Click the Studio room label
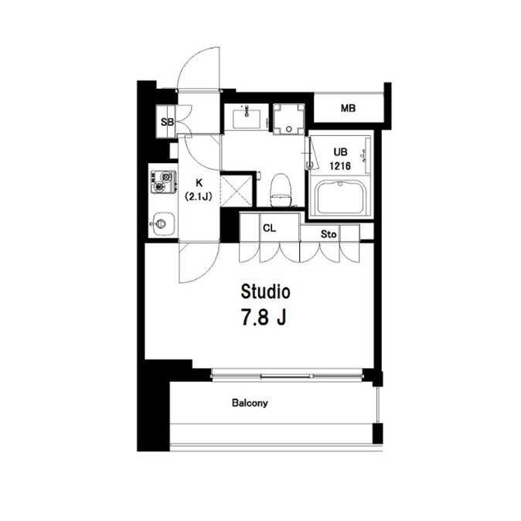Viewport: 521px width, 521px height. (265, 292)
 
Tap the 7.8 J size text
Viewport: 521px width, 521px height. (264, 318)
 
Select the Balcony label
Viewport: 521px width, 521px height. (250, 404)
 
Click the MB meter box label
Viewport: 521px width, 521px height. (348, 108)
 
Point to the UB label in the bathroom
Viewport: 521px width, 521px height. (340, 152)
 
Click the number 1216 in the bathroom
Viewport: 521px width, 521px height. (340, 165)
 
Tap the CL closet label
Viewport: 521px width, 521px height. (269, 228)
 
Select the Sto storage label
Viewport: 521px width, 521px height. (329, 234)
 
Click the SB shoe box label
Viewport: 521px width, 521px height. (167, 122)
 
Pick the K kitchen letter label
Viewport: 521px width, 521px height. (199, 182)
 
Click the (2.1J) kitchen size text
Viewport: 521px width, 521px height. (199, 196)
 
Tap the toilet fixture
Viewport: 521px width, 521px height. (281, 189)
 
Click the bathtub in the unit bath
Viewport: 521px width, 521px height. (341, 198)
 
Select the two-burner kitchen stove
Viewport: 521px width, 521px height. (163, 182)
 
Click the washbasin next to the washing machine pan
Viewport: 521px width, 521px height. (247, 116)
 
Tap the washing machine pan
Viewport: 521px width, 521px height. (289, 119)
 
